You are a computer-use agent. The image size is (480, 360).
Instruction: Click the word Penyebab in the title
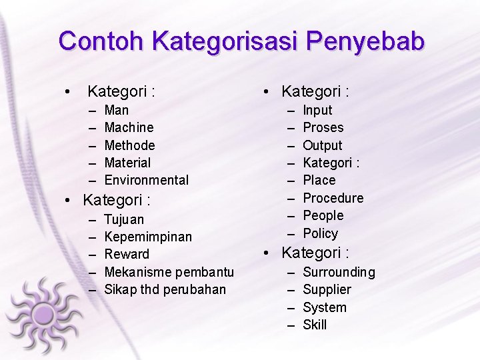(x=365, y=41)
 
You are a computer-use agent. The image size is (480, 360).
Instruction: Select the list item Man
(x=117, y=110)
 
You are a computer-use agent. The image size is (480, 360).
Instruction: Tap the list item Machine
(x=129, y=127)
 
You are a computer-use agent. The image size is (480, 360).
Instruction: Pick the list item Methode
(x=129, y=145)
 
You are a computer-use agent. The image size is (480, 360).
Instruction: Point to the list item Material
(x=127, y=163)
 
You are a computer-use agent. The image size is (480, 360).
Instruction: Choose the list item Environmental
(x=147, y=180)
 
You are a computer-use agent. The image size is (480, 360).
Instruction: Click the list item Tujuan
(x=124, y=219)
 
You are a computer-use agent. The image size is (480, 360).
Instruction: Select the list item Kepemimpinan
(x=148, y=237)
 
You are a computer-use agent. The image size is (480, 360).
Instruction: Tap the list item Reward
(x=127, y=254)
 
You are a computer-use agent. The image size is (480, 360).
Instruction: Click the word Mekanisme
(x=138, y=272)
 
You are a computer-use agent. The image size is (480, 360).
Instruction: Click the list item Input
(x=317, y=110)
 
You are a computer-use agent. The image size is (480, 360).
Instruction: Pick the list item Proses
(x=323, y=127)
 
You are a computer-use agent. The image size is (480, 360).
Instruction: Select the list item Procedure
(x=333, y=198)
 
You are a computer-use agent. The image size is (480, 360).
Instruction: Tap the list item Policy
(x=321, y=233)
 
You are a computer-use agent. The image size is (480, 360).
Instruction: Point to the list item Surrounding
(x=339, y=272)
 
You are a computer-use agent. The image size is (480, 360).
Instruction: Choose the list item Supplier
(x=327, y=289)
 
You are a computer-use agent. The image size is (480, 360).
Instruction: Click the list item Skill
(x=315, y=325)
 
